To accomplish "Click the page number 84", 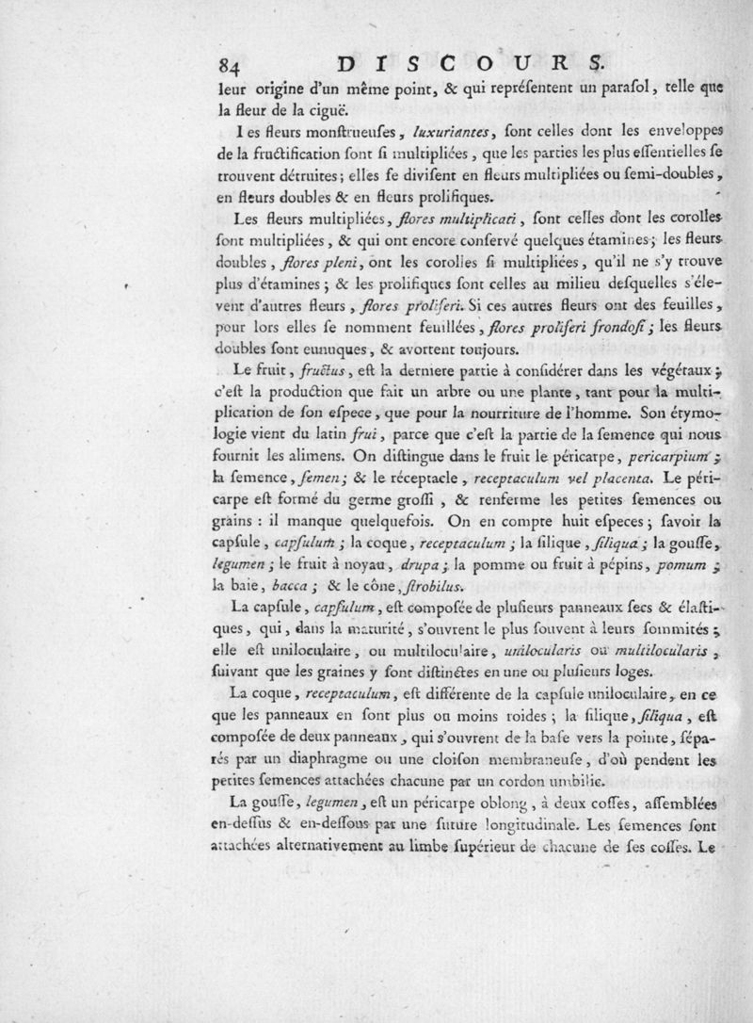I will pos(227,66).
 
